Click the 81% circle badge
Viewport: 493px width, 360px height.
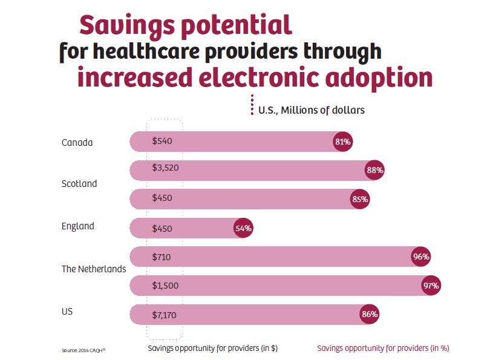click(342, 142)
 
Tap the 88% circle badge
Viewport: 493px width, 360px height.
click(374, 171)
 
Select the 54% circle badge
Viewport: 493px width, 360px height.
click(243, 228)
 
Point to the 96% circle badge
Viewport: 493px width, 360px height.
click(420, 257)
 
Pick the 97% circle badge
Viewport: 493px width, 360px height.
click(431, 286)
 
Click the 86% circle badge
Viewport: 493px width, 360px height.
click(369, 314)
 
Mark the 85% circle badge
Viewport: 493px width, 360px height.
click(360, 199)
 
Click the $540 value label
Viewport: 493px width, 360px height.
click(162, 142)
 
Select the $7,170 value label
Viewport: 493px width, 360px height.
click(165, 315)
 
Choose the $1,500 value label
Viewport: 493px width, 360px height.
click(165, 286)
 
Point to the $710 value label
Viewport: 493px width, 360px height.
click(162, 257)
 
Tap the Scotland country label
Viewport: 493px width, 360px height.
click(79, 183)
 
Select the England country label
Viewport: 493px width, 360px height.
click(78, 226)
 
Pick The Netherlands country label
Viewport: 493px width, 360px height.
click(94, 269)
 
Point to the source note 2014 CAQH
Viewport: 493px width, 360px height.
click(83, 350)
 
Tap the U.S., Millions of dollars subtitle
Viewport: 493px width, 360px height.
click(311, 110)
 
